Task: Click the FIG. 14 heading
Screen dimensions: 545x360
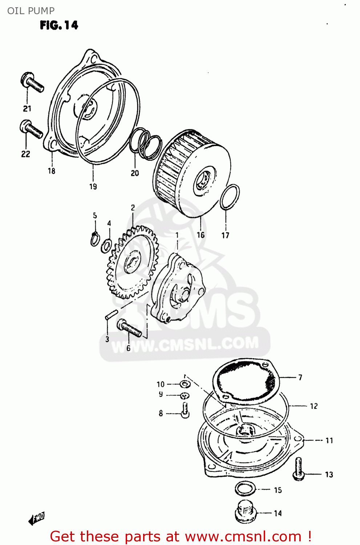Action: tap(59, 25)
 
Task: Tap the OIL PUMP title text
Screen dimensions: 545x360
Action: tap(31, 11)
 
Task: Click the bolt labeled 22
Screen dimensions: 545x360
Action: tap(31, 129)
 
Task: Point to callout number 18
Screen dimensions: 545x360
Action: tap(52, 171)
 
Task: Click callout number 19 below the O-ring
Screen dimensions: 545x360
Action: tap(93, 186)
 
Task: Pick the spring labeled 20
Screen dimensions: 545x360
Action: tap(145, 143)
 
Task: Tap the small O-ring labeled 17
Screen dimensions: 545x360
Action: tap(230, 197)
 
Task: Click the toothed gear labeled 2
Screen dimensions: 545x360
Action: tap(133, 262)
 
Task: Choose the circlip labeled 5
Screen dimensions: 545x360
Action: tap(94, 239)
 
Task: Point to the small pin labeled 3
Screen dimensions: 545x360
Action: tap(111, 314)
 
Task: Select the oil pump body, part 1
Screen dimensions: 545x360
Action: tap(178, 287)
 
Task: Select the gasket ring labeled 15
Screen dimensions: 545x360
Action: tap(246, 489)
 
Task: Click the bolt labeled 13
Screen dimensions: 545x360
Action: tap(298, 469)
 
